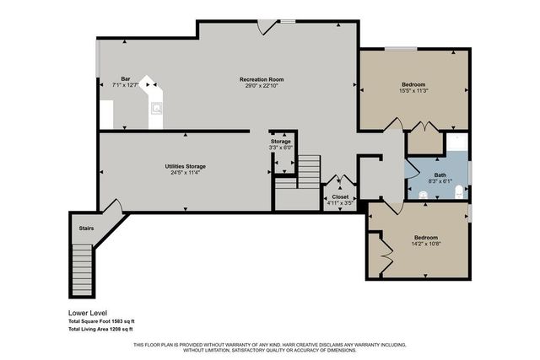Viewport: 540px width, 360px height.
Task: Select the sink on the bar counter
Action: pos(157,108)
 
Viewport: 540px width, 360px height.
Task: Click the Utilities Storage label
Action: pos(185,166)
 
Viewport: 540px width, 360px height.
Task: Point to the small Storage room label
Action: pos(280,142)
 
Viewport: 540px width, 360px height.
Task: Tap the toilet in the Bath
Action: pos(458,193)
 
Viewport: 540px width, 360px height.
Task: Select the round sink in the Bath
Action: pos(423,194)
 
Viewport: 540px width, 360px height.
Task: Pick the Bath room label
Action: pos(440,175)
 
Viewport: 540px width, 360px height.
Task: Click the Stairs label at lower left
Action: pos(86,228)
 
